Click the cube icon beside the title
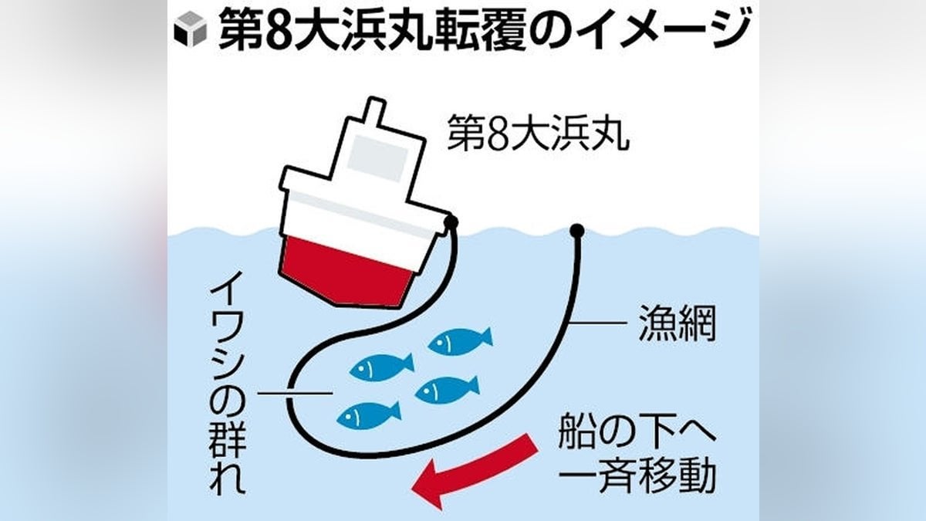pyautogui.click(x=191, y=28)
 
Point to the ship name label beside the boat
pyautogui.click(x=538, y=133)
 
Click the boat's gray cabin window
pyautogui.click(x=378, y=158)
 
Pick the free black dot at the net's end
pyautogui.click(x=577, y=230)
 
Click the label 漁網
pyautogui.click(x=677, y=329)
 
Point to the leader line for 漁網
pyautogui.click(x=598, y=323)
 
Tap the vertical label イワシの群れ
pyautogui.click(x=228, y=390)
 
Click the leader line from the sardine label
pyautogui.click(x=295, y=393)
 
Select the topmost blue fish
pyautogui.click(x=460, y=341)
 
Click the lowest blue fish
pyautogui.click(x=369, y=416)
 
